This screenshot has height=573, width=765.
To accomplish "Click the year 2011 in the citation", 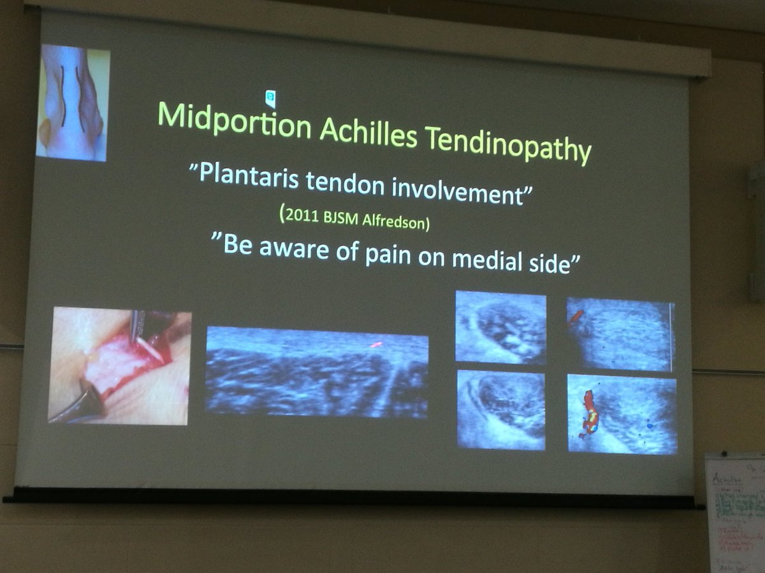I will pos(300,216).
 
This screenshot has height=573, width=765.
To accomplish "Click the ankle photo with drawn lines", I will pos(73,103).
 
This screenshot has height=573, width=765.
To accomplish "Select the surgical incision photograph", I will pos(120,365).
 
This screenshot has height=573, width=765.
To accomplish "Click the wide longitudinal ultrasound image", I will pos(317,372).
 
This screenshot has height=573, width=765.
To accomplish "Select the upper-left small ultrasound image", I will pos(500,328).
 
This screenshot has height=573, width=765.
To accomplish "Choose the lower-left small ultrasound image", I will pos(501,409).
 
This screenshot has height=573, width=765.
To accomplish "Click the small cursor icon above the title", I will pos(270,97).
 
